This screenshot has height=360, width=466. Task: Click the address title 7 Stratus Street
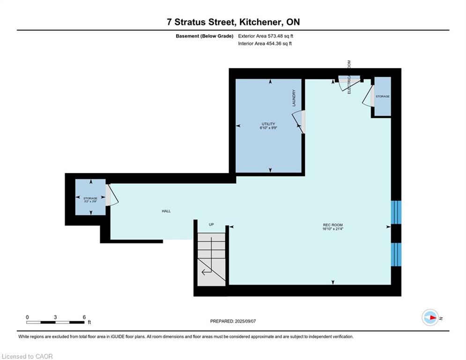[x=233, y=22]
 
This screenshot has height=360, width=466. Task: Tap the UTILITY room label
[x=268, y=124]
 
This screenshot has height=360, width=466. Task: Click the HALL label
[x=166, y=211]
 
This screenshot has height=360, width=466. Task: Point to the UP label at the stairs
[x=211, y=225]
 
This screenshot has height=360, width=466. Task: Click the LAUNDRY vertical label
[x=294, y=98]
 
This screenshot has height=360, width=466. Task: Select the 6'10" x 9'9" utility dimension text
[x=269, y=127]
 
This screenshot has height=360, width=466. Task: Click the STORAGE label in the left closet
[x=90, y=198]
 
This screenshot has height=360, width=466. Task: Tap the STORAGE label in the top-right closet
[x=383, y=97]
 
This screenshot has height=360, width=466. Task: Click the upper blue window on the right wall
[x=396, y=212]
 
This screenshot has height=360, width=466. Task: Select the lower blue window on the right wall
[x=396, y=254]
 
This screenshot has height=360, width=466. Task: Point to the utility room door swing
[x=299, y=121]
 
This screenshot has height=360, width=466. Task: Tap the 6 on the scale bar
[x=84, y=317]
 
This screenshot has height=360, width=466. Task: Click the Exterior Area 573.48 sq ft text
[x=266, y=36]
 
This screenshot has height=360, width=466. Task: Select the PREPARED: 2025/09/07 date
[x=233, y=321]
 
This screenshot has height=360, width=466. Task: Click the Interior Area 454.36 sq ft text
[x=265, y=44]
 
